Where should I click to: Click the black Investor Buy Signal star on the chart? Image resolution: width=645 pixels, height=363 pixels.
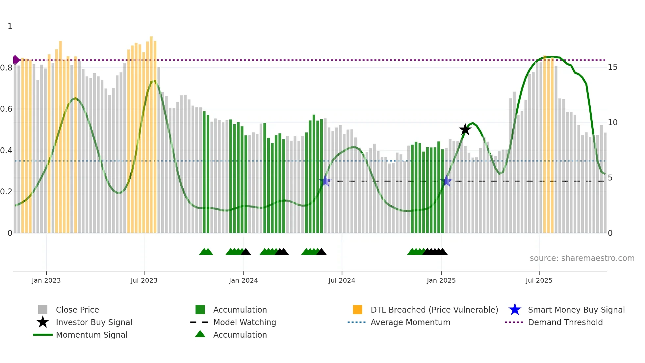[465, 129]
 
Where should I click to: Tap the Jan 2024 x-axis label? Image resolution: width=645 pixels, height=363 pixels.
[243, 280]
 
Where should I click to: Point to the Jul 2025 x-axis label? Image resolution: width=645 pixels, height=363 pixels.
[539, 280]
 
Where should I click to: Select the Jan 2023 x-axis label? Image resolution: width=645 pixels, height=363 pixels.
[46, 280]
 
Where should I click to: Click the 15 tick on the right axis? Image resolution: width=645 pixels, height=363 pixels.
[612, 67]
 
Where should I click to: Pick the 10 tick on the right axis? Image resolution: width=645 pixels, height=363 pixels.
[612, 123]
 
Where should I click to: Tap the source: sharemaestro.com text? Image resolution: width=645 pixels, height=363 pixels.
[582, 258]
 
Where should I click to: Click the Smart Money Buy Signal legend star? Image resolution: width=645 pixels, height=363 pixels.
[515, 310]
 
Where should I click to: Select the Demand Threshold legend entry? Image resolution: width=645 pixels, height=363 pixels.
[565, 322]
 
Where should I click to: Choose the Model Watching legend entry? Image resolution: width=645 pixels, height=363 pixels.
[244, 322]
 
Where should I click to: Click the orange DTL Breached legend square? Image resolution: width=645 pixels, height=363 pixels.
[357, 310]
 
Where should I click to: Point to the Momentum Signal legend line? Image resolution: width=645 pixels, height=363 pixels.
[43, 335]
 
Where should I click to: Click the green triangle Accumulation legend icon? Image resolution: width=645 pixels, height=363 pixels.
[200, 334]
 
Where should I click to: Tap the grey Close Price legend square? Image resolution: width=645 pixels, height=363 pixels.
[43, 310]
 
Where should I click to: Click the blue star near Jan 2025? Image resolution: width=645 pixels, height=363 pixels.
[447, 181]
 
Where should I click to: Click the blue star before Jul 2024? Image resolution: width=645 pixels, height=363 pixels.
[325, 181]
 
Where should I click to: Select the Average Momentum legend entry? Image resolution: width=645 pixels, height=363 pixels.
[410, 322]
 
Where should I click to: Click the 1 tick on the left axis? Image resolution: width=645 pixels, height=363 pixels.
[10, 26]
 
